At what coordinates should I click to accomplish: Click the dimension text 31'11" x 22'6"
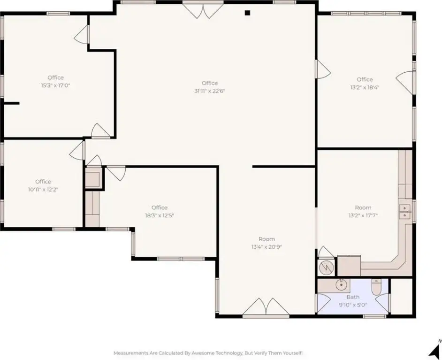coord(210,91)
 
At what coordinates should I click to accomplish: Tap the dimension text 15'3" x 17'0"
coord(55,85)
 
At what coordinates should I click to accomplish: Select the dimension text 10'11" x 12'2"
coord(43,190)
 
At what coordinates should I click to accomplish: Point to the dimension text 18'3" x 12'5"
coord(160,215)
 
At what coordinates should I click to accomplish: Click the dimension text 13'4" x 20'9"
coord(267,247)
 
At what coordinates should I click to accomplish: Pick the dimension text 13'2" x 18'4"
coord(365,87)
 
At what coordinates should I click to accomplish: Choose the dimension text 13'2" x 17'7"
coord(363,215)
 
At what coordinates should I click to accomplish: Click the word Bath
coord(353,297)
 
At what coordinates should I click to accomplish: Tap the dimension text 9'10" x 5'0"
coord(353,305)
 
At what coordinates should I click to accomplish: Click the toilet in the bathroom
coord(376,287)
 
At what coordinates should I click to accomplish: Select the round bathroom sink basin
coord(341,285)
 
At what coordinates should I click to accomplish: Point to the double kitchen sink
coord(405,212)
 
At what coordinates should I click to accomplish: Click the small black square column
coord(247,13)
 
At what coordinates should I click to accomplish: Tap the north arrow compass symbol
coord(435,349)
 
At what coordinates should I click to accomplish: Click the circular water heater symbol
coord(326,268)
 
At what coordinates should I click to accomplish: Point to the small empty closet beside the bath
coord(402,296)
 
